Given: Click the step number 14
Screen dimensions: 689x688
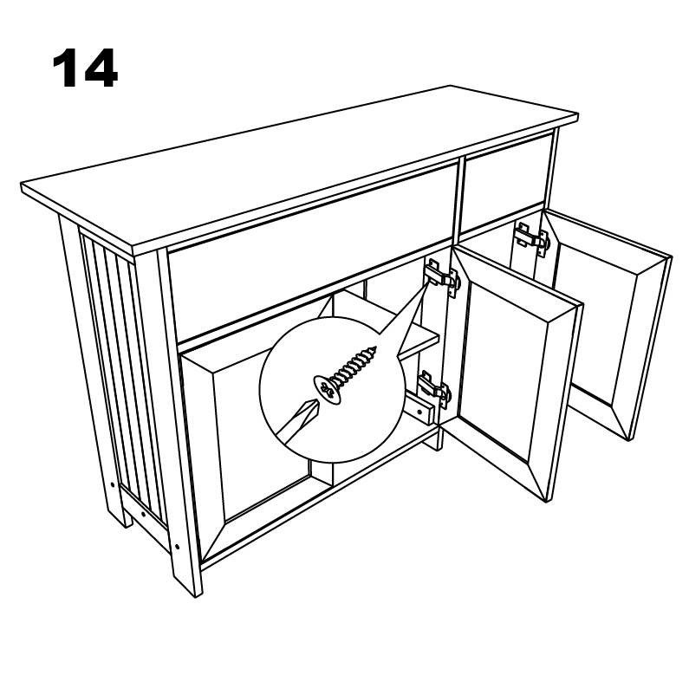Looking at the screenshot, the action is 85,68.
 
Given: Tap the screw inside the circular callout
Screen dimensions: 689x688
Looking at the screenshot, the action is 346,373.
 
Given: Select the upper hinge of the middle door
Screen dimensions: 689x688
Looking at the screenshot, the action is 442,277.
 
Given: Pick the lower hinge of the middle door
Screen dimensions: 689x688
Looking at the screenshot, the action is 433,386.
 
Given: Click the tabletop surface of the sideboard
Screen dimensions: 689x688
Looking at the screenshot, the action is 299,169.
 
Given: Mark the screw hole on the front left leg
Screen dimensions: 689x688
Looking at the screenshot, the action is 177,547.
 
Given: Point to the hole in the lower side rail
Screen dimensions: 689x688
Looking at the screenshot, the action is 143,513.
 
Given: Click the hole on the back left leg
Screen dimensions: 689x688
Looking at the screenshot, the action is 113,485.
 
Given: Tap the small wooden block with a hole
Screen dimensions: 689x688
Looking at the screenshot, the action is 420,409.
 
